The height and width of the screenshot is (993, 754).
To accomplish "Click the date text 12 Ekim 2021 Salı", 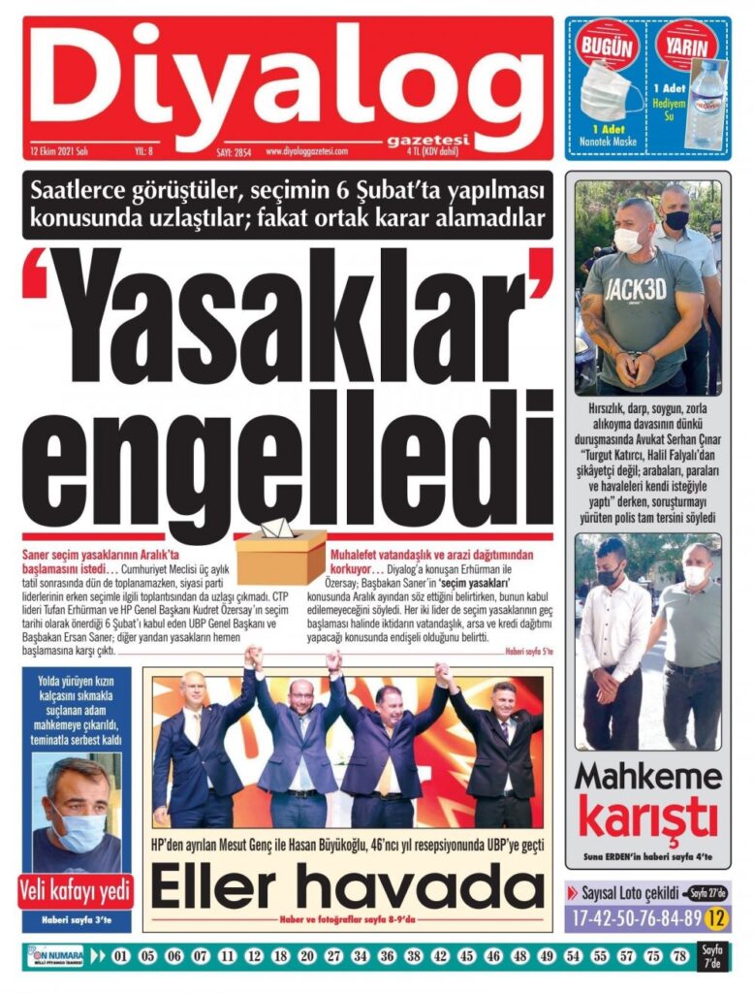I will pyautogui.click(x=59, y=151).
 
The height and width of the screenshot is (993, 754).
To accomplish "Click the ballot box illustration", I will pyautogui.click(x=281, y=552).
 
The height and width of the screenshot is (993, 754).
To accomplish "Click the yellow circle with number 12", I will pyautogui.click(x=718, y=915).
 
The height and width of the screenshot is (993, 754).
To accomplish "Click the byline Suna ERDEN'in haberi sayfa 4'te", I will pyautogui.click(x=646, y=857).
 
